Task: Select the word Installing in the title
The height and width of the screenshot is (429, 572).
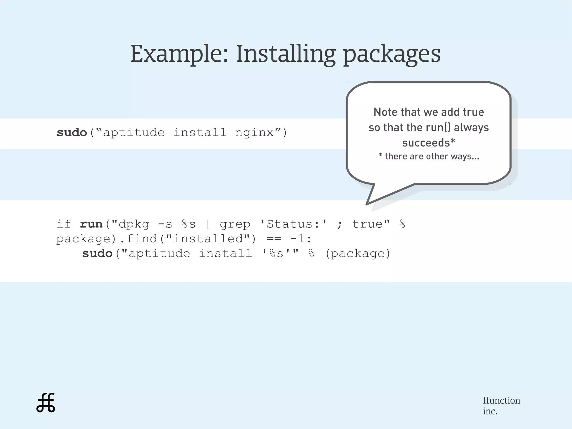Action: click(x=285, y=54)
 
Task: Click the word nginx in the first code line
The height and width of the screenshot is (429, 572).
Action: click(x=254, y=132)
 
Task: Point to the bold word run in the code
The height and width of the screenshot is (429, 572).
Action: click(x=91, y=224)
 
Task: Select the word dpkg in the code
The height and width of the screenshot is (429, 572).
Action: click(x=134, y=224)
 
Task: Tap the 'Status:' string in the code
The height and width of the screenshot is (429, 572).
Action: click(x=293, y=224)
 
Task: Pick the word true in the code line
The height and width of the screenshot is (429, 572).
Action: click(x=367, y=224)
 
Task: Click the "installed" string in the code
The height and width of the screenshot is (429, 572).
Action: click(x=208, y=239)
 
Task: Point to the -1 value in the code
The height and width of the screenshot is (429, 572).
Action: click(x=297, y=239)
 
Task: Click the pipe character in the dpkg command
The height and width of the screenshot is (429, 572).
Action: click(x=208, y=224)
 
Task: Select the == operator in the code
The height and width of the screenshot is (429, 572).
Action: click(x=274, y=239)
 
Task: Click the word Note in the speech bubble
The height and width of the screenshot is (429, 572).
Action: click(x=385, y=112)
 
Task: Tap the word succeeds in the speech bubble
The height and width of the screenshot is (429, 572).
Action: click(x=426, y=143)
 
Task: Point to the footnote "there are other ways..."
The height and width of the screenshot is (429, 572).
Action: click(x=432, y=156)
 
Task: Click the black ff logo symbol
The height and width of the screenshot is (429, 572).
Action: click(x=46, y=403)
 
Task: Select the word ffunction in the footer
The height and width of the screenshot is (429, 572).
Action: click(x=501, y=400)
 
